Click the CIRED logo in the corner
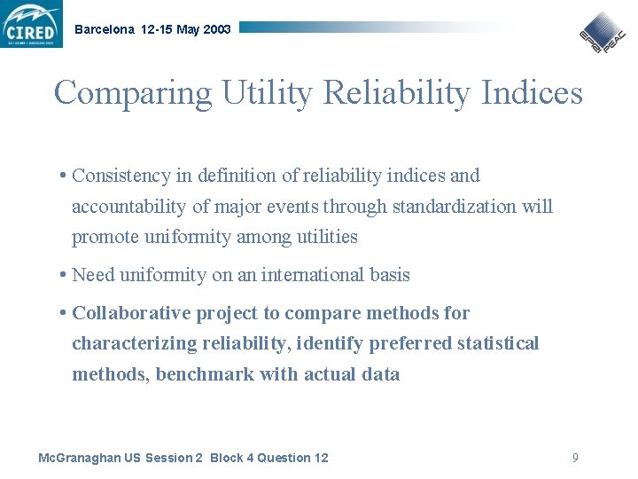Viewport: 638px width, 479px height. pos(32,24)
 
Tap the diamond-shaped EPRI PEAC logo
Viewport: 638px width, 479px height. pos(603,33)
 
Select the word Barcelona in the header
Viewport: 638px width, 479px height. pos(105,29)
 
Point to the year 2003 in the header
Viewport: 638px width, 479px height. pos(217,29)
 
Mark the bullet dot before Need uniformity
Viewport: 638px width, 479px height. pos(63,275)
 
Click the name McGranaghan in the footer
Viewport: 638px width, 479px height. pos(77,458)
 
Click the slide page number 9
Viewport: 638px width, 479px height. pos(575,458)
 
